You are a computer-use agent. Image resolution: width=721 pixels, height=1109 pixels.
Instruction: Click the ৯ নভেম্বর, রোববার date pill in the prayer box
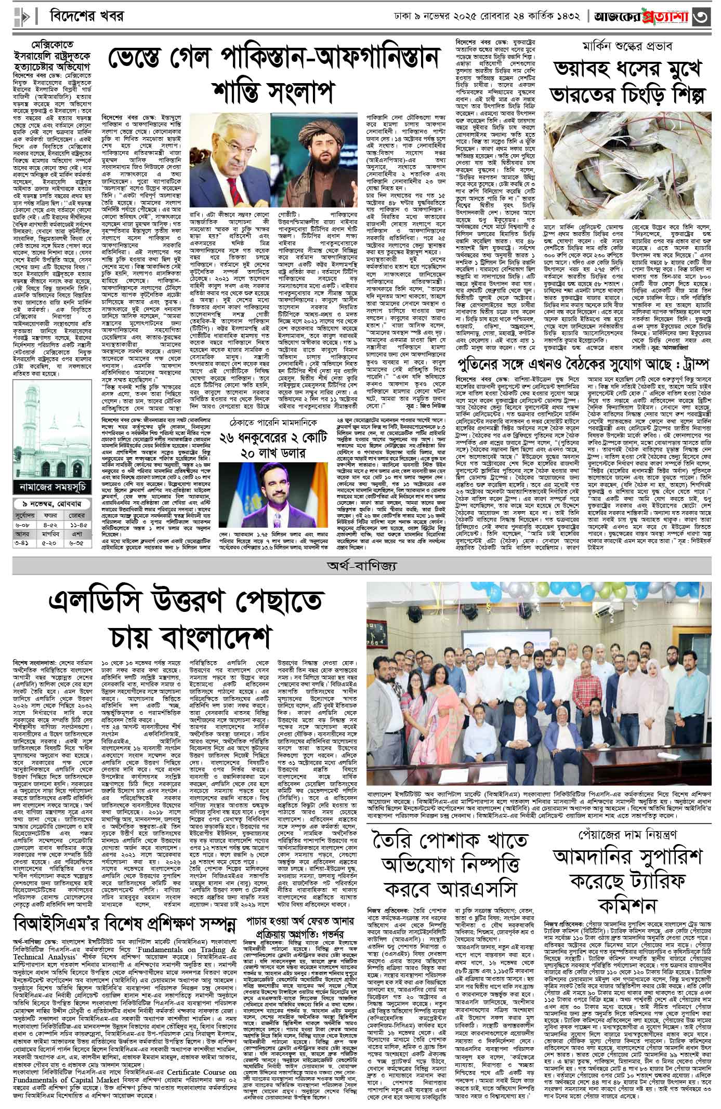pos(46,504)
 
